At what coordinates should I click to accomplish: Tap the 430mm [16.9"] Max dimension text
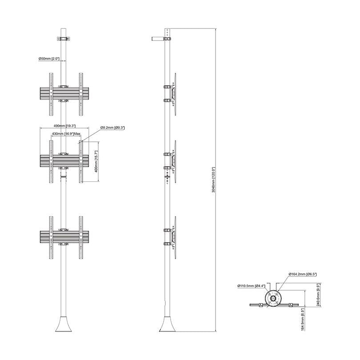click(66, 133)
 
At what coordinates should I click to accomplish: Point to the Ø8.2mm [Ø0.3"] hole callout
click(112, 128)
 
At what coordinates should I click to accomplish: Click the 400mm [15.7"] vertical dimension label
click(96, 161)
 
